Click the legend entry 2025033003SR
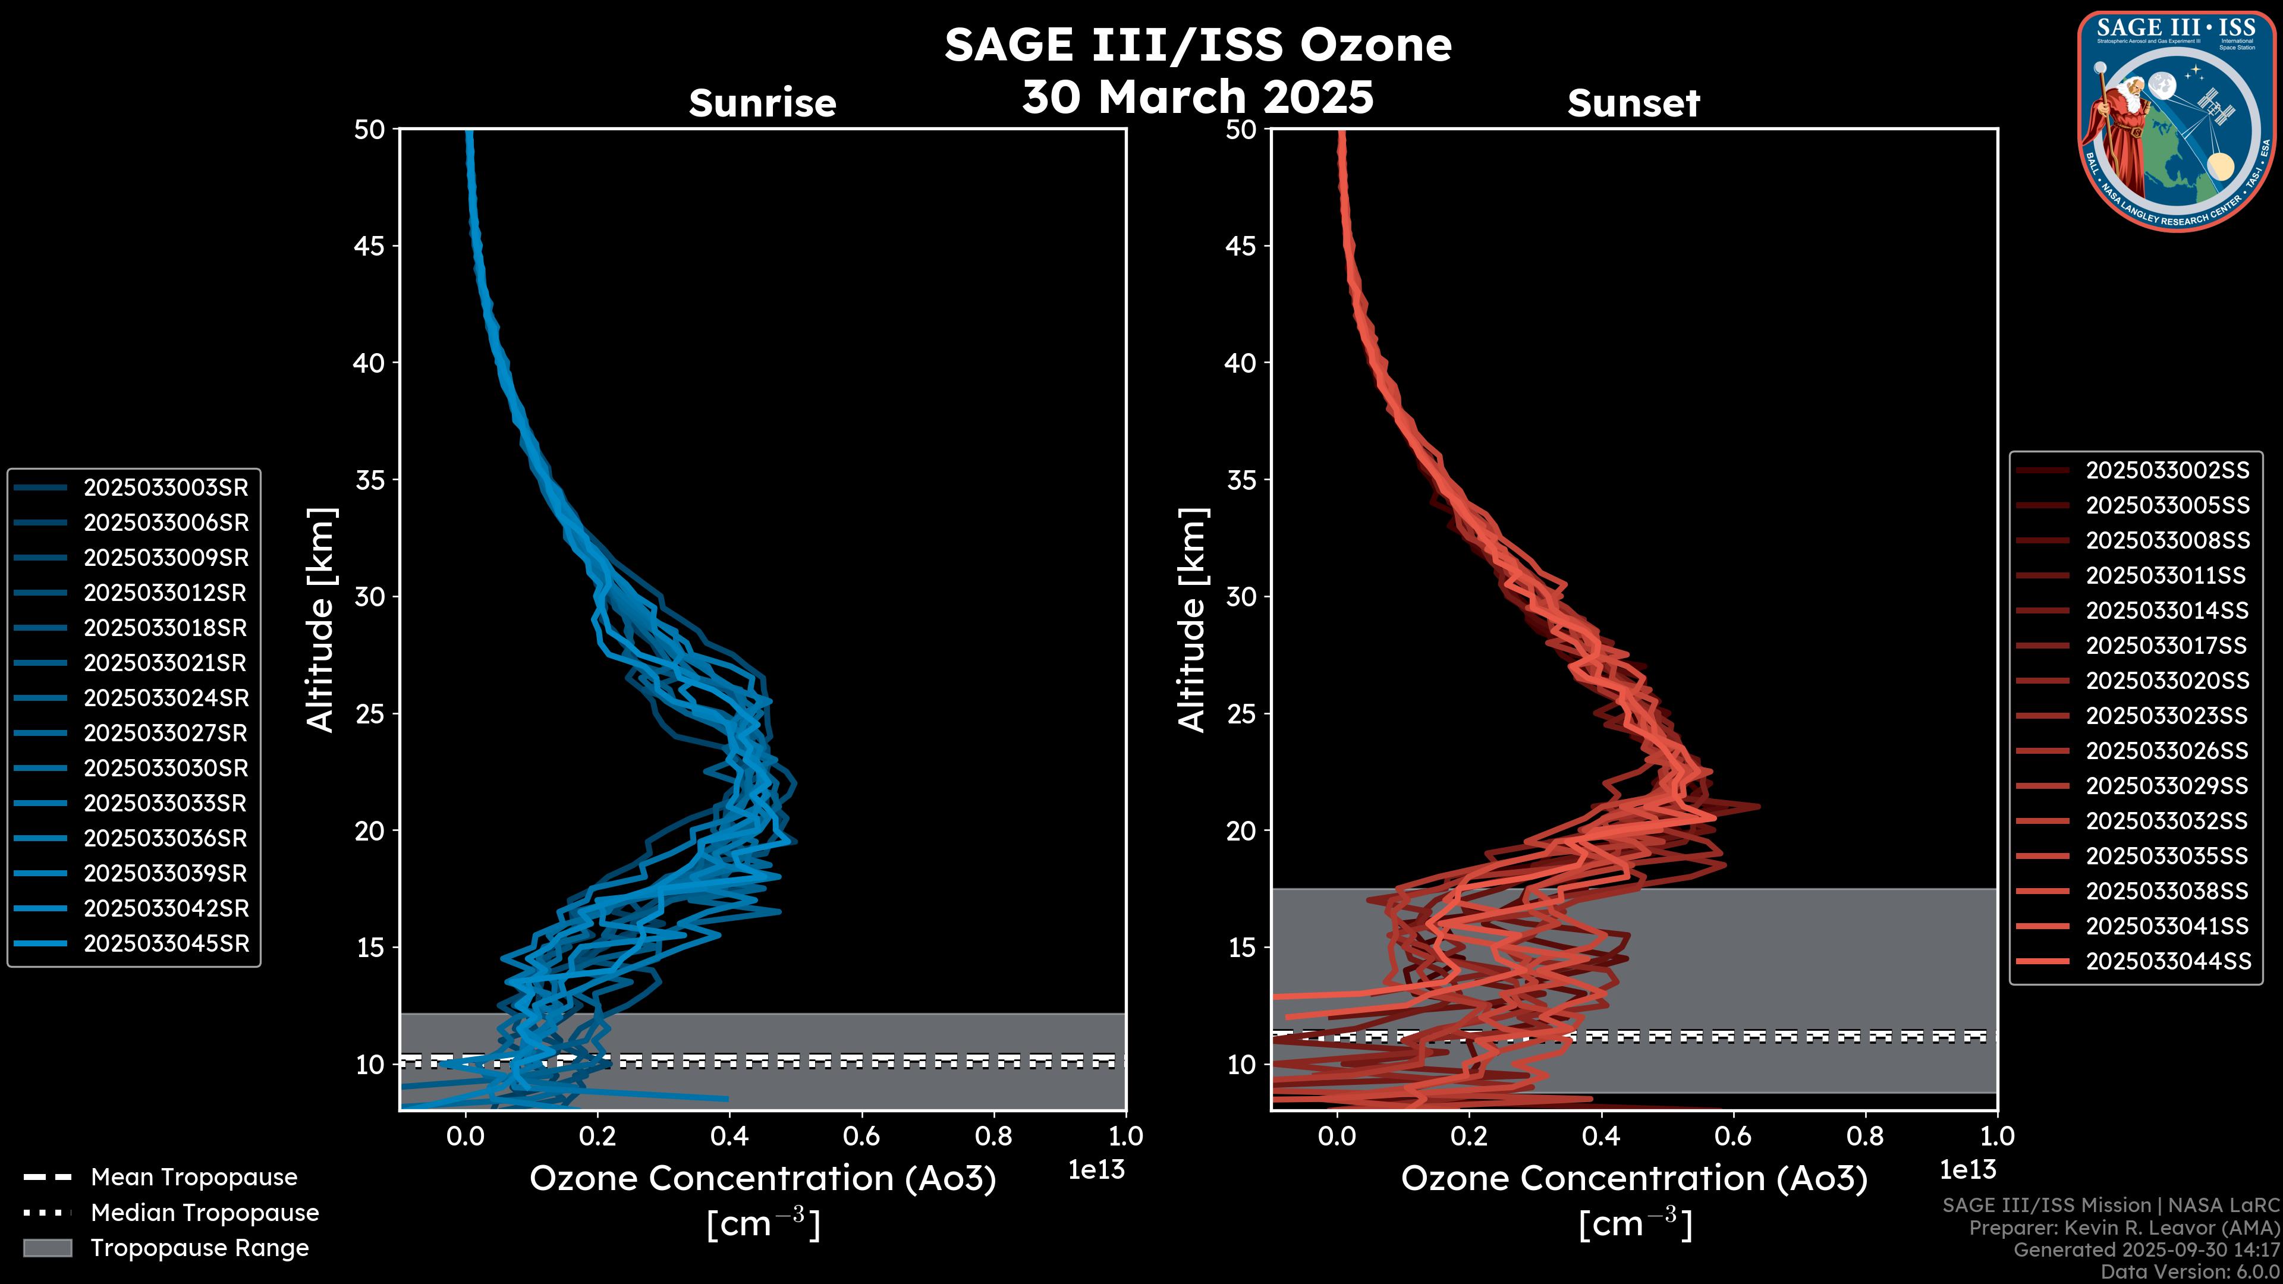[x=166, y=487]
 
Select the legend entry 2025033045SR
[x=166, y=944]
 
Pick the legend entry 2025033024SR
[x=166, y=698]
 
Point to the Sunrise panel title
[x=762, y=103]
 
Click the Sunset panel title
[x=1633, y=103]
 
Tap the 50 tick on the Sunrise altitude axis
[x=370, y=130]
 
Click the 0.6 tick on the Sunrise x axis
[x=861, y=1136]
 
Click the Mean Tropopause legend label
[x=194, y=1178]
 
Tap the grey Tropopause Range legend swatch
[x=47, y=1248]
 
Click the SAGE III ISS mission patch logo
[x=2176, y=121]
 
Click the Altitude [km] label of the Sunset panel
[x=1193, y=620]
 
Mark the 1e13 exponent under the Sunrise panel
[x=1096, y=1170]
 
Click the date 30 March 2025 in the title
[x=1197, y=96]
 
